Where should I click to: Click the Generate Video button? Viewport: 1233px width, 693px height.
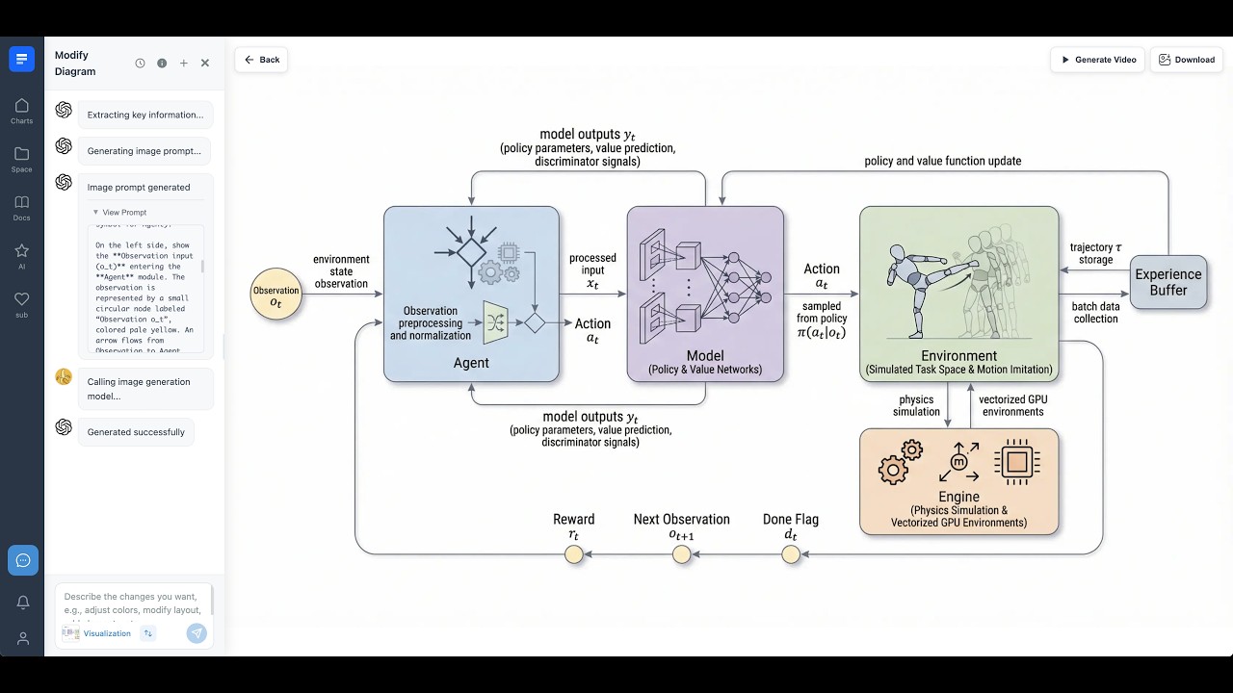coord(1098,60)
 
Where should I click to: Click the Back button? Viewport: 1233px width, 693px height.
coord(261,60)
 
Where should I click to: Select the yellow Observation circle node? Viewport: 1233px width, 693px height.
coord(275,295)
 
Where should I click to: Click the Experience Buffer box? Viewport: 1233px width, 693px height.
coord(1167,282)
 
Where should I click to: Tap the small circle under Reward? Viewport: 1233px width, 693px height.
coord(574,554)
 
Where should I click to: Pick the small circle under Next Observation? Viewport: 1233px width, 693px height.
coord(682,554)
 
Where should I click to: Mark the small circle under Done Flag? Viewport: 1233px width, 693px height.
coord(791,554)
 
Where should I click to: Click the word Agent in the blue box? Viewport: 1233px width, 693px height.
coord(471,363)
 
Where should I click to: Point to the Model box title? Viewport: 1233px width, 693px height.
coord(705,355)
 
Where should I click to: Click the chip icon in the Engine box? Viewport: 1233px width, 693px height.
coord(1016,462)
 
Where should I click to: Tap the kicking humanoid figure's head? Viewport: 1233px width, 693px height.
coord(898,252)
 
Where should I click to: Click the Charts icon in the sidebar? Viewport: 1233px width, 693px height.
coord(21,110)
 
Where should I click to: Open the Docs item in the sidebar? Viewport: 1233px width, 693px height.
coord(21,207)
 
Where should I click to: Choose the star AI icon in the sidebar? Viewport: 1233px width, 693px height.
coord(21,255)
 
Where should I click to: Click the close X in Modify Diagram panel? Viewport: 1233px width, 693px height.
coord(205,64)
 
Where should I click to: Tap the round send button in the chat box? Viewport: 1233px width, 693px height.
coord(197,632)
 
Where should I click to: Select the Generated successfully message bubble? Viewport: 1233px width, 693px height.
coord(136,432)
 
